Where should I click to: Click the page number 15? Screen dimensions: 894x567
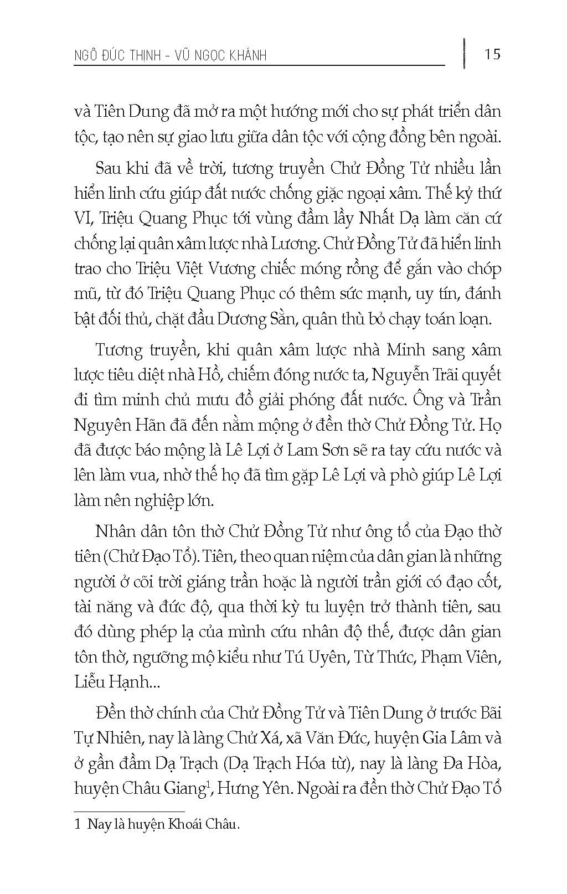coord(492,54)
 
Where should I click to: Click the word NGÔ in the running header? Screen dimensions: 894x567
coord(87,55)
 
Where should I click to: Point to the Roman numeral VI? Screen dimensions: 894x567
coord(83,219)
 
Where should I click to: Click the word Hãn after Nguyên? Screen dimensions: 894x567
coord(157,425)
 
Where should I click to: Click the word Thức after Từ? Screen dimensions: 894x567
coord(398,657)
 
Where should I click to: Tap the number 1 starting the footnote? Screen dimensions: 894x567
coord(77,825)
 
